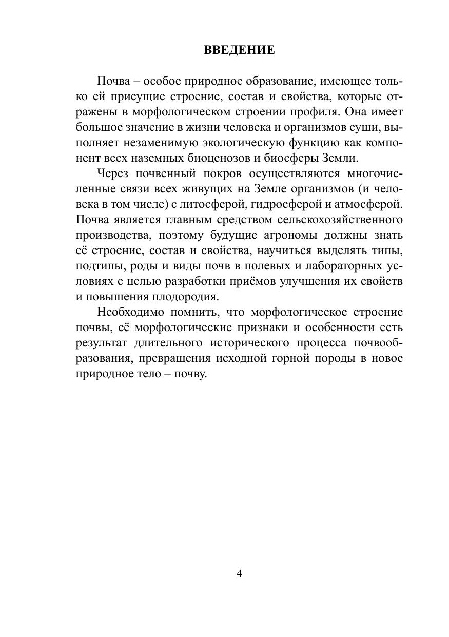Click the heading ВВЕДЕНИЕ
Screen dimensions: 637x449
(x=239, y=50)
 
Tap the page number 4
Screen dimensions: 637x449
(x=239, y=574)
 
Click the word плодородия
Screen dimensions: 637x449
(x=193, y=297)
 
